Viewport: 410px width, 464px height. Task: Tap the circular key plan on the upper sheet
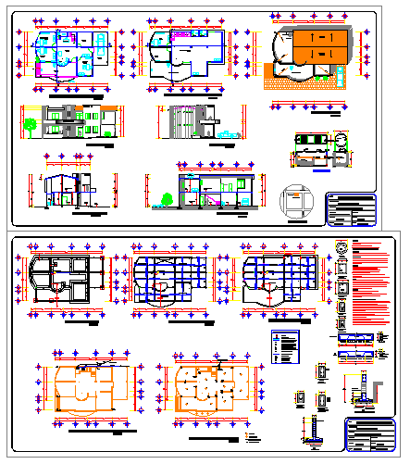coord(295,201)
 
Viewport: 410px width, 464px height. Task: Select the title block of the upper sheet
coord(353,208)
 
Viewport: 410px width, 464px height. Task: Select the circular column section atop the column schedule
coord(342,248)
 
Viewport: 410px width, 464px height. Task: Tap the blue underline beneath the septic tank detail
coord(321,169)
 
